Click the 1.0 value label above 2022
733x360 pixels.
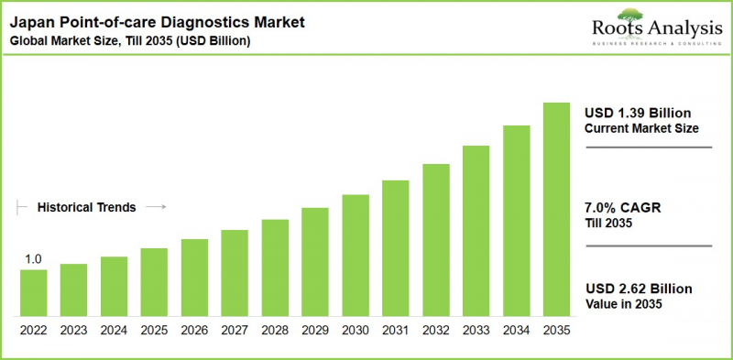point(33,260)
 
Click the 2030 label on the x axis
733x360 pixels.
point(356,330)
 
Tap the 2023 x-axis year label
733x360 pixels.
point(73,330)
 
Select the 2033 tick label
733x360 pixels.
point(476,330)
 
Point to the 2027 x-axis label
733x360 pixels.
point(235,330)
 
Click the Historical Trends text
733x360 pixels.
point(86,208)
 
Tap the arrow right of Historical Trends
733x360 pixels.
point(156,208)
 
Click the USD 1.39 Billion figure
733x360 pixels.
point(638,112)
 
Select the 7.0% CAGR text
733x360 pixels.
point(623,208)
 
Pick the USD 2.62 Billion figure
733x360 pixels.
point(638,289)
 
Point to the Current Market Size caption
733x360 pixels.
point(641,128)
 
